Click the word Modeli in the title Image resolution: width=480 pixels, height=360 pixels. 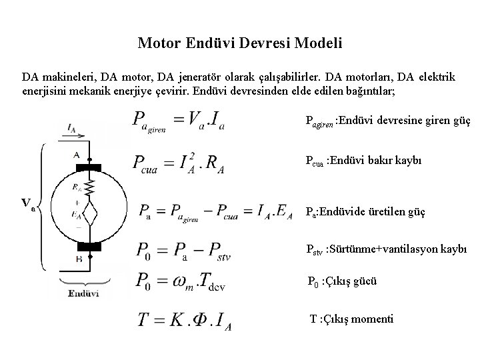(321, 45)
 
